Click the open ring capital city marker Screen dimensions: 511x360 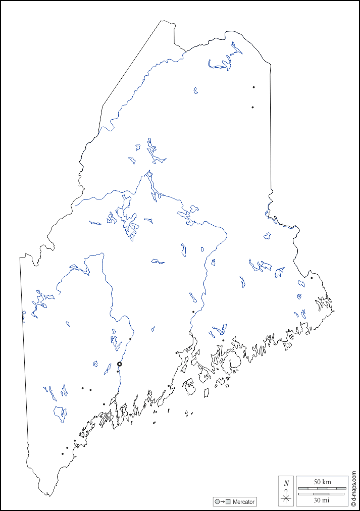[120, 364]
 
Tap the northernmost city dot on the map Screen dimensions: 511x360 [253, 87]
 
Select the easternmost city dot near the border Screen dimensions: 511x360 [312, 278]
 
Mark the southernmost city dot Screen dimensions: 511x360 [63, 453]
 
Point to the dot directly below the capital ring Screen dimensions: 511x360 [118, 372]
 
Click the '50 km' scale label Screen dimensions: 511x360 [322, 482]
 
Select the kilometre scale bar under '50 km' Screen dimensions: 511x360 [322, 488]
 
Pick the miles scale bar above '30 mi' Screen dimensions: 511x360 [322, 493]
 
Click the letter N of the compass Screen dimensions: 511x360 [286, 483]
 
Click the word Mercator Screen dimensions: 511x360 [244, 502]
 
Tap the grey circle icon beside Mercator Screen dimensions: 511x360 [217, 502]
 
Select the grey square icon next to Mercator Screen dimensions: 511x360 [228, 502]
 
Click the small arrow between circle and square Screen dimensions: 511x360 [223, 502]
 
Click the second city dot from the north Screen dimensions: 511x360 [252, 107]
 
